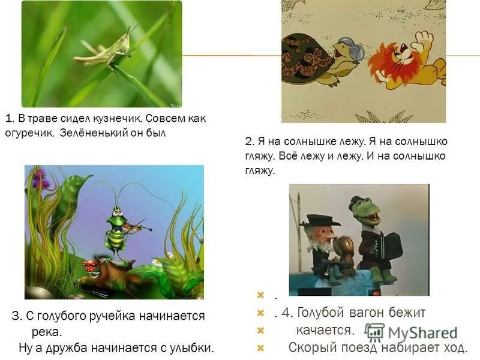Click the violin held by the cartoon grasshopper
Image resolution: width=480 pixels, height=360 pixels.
tap(134, 226)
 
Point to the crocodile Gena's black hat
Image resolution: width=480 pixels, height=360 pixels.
tap(359, 202)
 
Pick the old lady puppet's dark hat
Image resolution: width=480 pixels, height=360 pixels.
tap(319, 220)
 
